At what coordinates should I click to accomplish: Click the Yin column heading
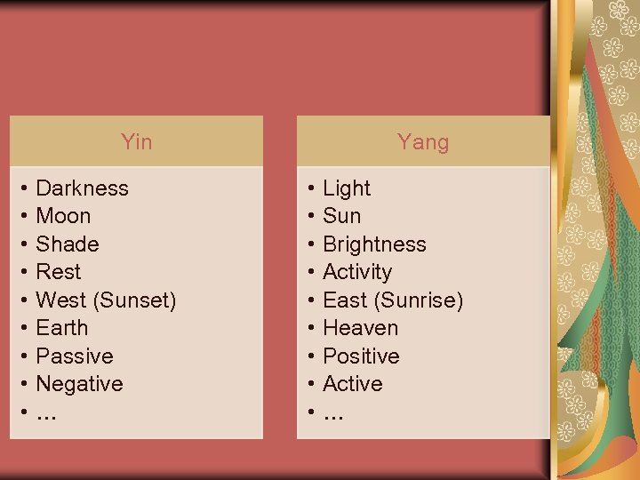[136, 141]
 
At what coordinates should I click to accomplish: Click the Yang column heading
[423, 141]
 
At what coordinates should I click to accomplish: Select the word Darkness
[82, 188]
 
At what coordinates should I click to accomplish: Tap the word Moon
[63, 216]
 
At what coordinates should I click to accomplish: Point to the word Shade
[68, 244]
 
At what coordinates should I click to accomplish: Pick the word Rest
[58, 272]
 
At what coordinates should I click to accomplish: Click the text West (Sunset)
[106, 300]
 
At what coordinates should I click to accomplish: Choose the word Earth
[62, 328]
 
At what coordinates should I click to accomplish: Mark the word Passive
[75, 356]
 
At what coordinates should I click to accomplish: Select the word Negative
[79, 384]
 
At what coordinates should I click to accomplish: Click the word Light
[347, 188]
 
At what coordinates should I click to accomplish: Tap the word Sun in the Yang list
[342, 216]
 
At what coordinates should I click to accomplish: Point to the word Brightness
[374, 244]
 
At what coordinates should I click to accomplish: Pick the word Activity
[357, 272]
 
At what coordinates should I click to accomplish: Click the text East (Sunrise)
[393, 300]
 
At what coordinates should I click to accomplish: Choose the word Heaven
[360, 328]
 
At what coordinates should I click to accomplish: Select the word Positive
[361, 356]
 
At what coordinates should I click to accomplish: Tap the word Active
[353, 384]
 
